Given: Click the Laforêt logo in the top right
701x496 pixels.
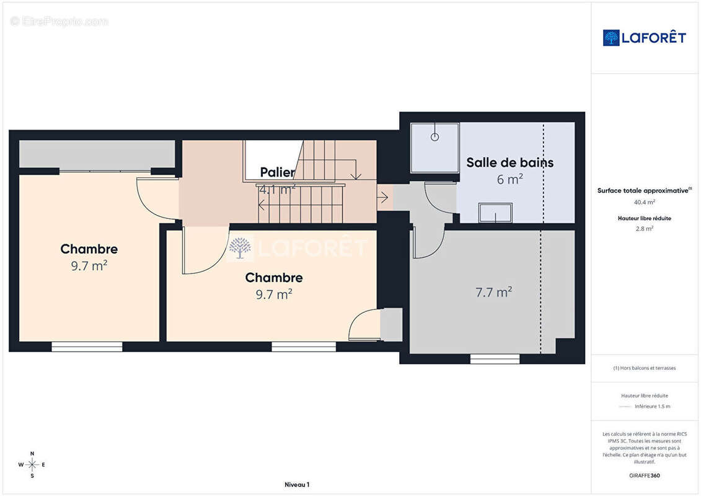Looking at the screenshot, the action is [x=644, y=38].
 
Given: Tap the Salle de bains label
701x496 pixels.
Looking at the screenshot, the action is [x=509, y=162].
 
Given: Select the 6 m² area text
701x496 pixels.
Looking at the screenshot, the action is [x=509, y=179].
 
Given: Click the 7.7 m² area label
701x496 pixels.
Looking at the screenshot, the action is [x=493, y=292].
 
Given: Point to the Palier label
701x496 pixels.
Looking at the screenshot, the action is [x=277, y=172].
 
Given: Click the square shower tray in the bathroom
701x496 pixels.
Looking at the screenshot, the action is [x=435, y=148].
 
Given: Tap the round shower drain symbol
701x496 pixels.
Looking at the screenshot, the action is [x=434, y=137].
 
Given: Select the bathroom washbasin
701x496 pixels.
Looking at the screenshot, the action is [x=495, y=213].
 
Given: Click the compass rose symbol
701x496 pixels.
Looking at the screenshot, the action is [x=32, y=465].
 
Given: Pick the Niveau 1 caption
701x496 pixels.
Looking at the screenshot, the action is [x=297, y=484].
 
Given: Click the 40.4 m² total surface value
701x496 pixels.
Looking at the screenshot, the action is [x=644, y=202].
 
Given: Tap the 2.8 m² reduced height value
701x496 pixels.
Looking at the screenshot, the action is [x=644, y=229].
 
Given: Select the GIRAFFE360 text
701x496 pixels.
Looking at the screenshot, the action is [x=644, y=476].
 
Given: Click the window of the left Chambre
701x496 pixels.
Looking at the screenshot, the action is [x=87, y=347].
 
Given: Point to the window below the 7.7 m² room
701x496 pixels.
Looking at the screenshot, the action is [x=495, y=359].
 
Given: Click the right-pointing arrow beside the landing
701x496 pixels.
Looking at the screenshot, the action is [x=382, y=197].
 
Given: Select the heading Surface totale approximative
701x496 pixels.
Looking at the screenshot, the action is [x=643, y=190].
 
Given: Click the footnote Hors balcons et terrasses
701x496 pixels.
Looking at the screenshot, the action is [x=644, y=368].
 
